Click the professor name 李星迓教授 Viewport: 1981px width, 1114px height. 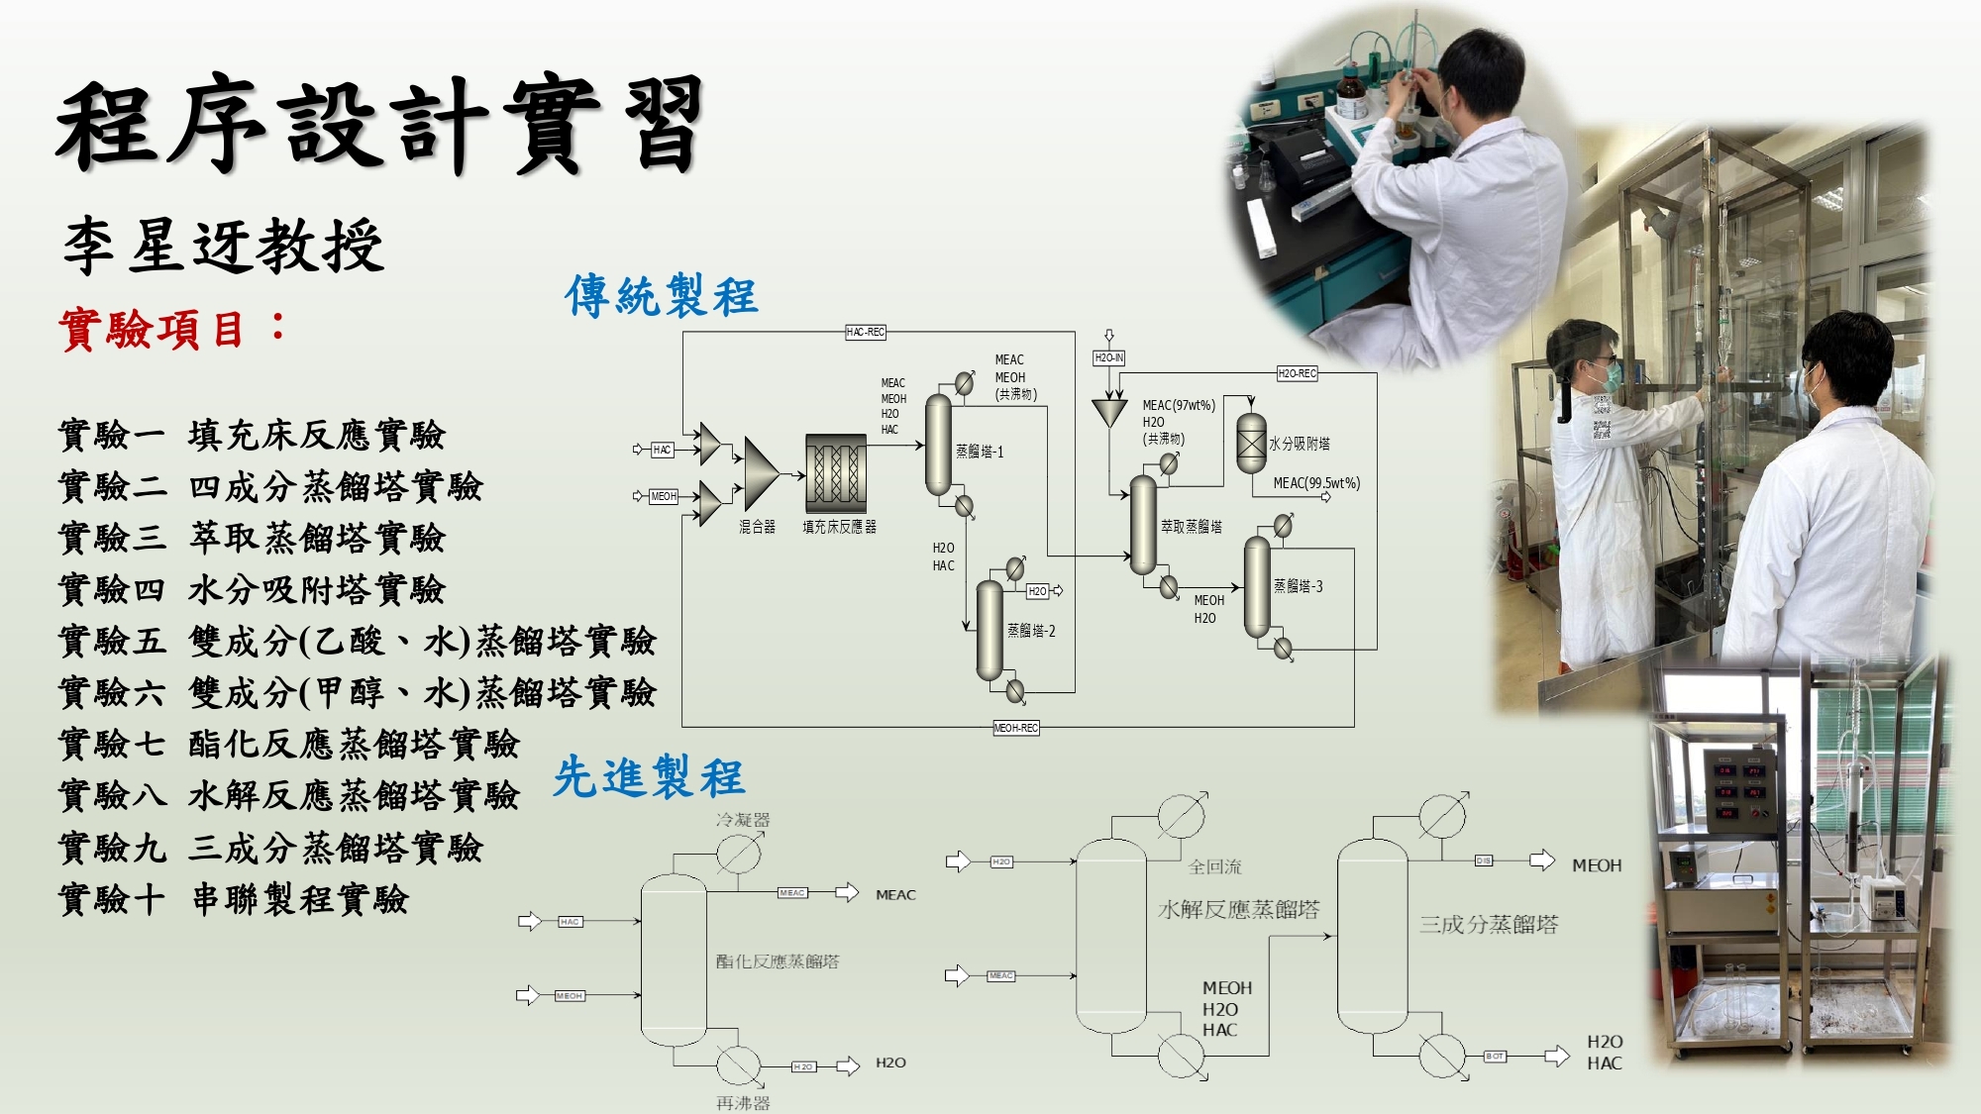[x=223, y=246]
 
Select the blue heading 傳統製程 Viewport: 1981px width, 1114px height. [x=661, y=296]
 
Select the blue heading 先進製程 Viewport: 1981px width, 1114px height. [x=649, y=776]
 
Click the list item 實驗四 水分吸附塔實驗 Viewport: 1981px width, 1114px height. [x=252, y=590]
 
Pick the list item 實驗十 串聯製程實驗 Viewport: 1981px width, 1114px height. [x=233, y=900]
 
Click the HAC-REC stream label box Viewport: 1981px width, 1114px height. [x=865, y=332]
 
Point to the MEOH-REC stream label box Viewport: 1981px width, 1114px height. [x=1015, y=728]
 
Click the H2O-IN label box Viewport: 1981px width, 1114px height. [x=1108, y=357]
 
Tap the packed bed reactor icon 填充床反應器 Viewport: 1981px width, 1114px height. [x=835, y=473]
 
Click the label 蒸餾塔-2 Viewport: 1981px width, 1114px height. [x=1031, y=631]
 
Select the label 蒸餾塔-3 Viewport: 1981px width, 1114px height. [x=1298, y=586]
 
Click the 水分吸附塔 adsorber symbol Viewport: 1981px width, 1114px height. [x=1251, y=443]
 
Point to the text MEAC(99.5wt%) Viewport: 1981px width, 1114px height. [x=1316, y=483]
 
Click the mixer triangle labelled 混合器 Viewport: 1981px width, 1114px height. [x=760, y=473]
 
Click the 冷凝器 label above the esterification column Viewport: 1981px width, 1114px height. [x=743, y=820]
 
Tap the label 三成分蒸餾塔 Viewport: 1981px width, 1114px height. [x=1488, y=925]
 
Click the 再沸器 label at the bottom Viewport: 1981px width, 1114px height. [x=743, y=1102]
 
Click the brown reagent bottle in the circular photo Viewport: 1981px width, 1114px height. [x=1350, y=94]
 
